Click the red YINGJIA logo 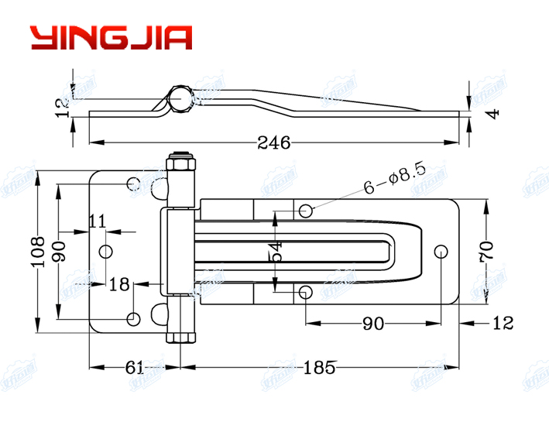click(111, 37)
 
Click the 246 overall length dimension click(274, 142)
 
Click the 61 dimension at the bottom click(134, 368)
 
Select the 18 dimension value click(118, 284)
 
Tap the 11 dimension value click(96, 221)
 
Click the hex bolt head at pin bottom click(180, 335)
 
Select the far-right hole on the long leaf click(441, 251)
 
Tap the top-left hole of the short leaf click(133, 184)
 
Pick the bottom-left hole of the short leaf click(133, 318)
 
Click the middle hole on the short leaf click(107, 251)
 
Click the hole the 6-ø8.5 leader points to click(307, 210)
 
